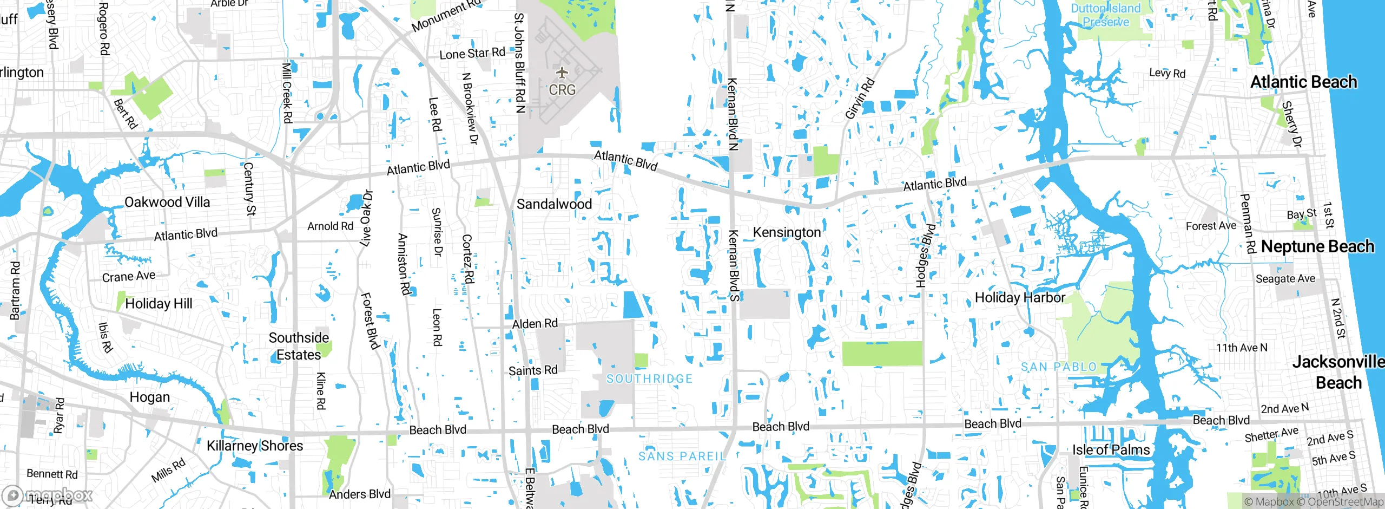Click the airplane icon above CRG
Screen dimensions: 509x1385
coord(563,72)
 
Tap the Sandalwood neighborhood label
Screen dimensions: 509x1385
coord(554,204)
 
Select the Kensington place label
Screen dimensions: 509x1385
coord(787,232)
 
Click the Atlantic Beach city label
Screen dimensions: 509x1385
coord(1303,82)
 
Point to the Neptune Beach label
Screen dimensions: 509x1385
coord(1317,246)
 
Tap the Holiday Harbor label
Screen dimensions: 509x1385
coord(1019,297)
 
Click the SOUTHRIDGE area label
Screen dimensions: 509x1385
coord(649,379)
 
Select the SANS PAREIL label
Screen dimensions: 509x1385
coord(682,456)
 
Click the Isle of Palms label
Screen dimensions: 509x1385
coord(1111,449)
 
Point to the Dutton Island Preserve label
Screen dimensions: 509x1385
coord(1106,15)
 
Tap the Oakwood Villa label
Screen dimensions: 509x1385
coord(167,202)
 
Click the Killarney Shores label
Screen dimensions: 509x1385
coord(255,446)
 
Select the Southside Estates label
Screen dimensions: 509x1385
coord(298,346)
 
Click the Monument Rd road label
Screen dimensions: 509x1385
coord(447,16)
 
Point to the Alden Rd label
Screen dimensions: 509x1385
coord(535,324)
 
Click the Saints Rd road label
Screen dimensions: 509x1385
coord(532,370)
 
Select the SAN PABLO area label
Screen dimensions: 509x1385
coord(1058,367)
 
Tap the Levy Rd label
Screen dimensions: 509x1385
coord(1167,73)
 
